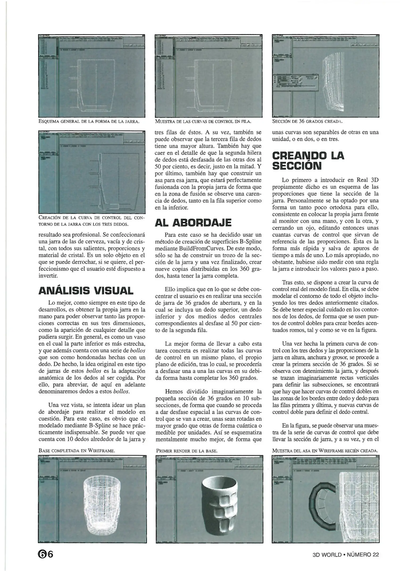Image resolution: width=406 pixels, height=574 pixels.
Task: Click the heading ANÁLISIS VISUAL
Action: click(x=86, y=290)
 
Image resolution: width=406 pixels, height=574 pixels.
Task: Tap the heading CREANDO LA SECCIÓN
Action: click(x=308, y=161)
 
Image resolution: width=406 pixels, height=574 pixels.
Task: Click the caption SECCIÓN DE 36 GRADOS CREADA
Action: click(x=307, y=122)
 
